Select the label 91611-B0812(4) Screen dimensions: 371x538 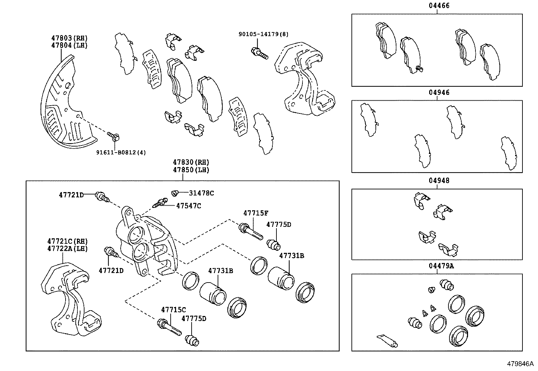coord(121,152)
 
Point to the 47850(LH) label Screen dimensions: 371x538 coord(191,170)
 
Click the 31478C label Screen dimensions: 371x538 coord(201,193)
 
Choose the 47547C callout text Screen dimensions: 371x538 coord(189,206)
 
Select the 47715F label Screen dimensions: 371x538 coord(256,213)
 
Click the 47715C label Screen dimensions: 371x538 coord(173,310)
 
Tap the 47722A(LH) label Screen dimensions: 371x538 coord(67,249)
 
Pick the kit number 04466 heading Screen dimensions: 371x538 coord(437,6)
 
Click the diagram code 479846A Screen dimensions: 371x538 coord(519,364)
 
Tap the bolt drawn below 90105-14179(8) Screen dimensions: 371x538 coord(259,53)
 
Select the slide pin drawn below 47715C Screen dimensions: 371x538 coord(169,327)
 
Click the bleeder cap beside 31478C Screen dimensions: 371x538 coord(175,193)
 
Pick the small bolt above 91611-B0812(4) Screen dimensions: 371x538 coord(114,136)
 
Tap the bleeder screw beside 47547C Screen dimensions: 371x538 coord(160,203)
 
